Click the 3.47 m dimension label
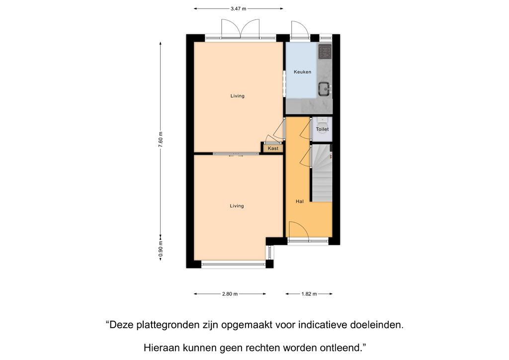click(x=238, y=9)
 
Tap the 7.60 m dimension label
click(x=161, y=140)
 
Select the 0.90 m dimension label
click(x=161, y=250)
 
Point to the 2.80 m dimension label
click(x=230, y=294)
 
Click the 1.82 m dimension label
click(x=309, y=294)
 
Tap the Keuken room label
click(x=303, y=72)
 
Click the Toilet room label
click(x=322, y=129)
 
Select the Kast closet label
click(x=273, y=148)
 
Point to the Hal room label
click(x=300, y=201)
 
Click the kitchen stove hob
click(x=325, y=52)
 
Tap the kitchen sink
click(x=324, y=89)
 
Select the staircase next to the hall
click(x=322, y=174)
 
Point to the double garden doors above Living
click(x=240, y=28)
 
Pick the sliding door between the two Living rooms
click(x=236, y=154)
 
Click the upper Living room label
click(x=237, y=96)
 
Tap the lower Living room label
click(x=237, y=206)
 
